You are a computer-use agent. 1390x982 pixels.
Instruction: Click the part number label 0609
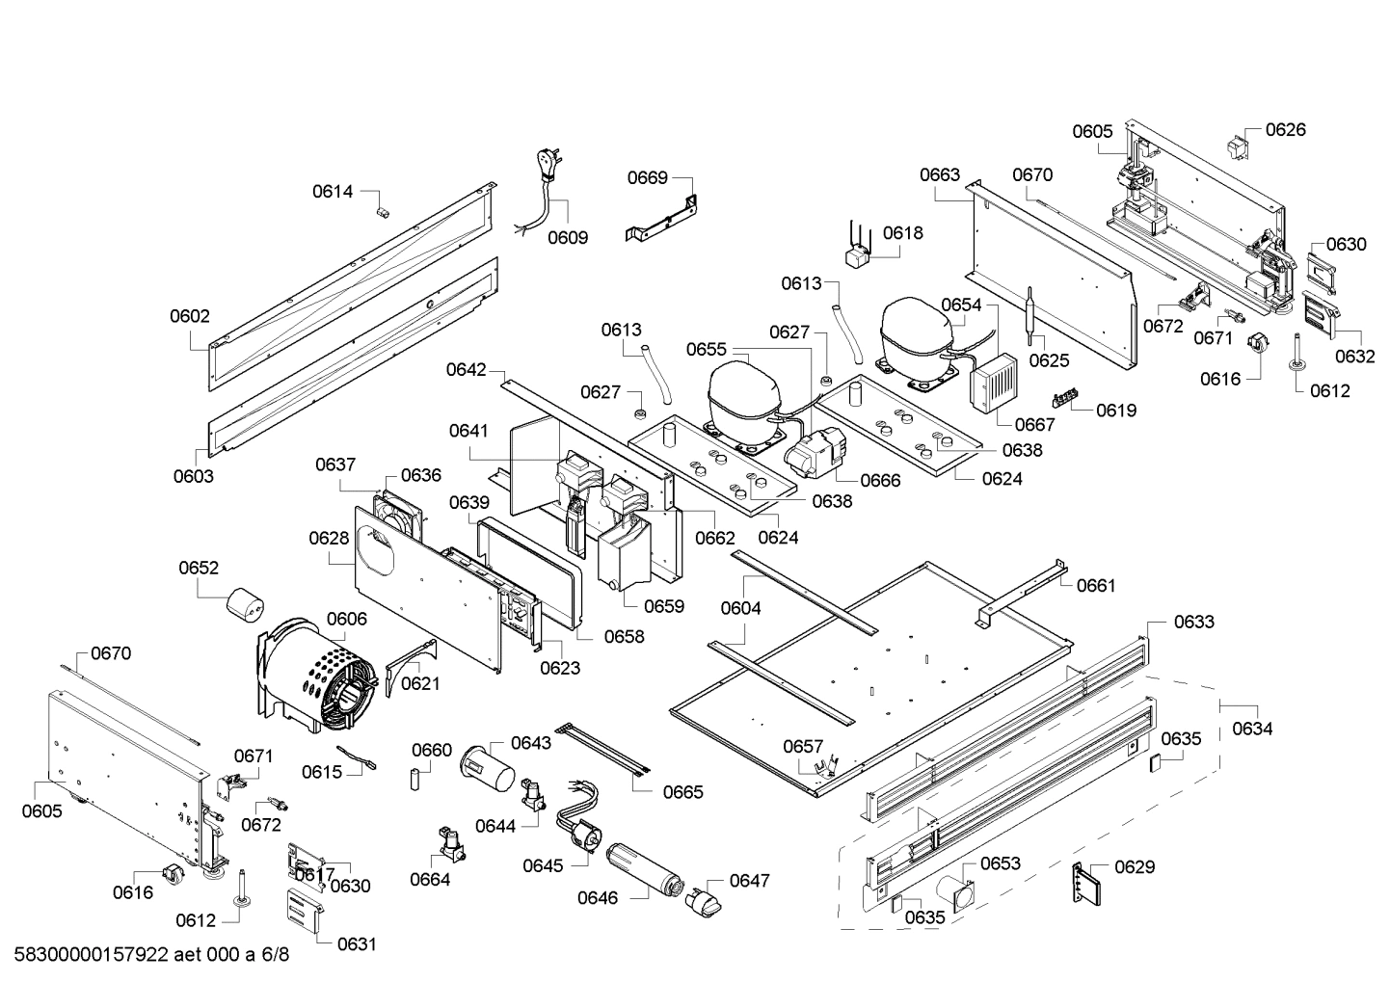coord(567,237)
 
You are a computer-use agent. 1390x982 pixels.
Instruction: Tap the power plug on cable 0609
coord(548,167)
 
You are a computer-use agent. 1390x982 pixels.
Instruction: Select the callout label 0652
coord(199,568)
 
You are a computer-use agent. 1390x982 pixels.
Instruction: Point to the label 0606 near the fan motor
coord(346,619)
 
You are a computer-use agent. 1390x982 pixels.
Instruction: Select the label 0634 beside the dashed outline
coord(1251,729)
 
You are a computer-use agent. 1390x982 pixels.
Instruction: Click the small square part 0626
coord(1235,147)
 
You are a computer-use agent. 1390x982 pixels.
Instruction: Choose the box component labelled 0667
coord(992,384)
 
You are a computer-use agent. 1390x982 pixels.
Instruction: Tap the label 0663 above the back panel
coord(939,174)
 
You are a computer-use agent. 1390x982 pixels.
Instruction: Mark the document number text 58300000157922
coord(92,955)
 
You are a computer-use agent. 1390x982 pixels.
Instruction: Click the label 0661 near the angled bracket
coord(1096,585)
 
